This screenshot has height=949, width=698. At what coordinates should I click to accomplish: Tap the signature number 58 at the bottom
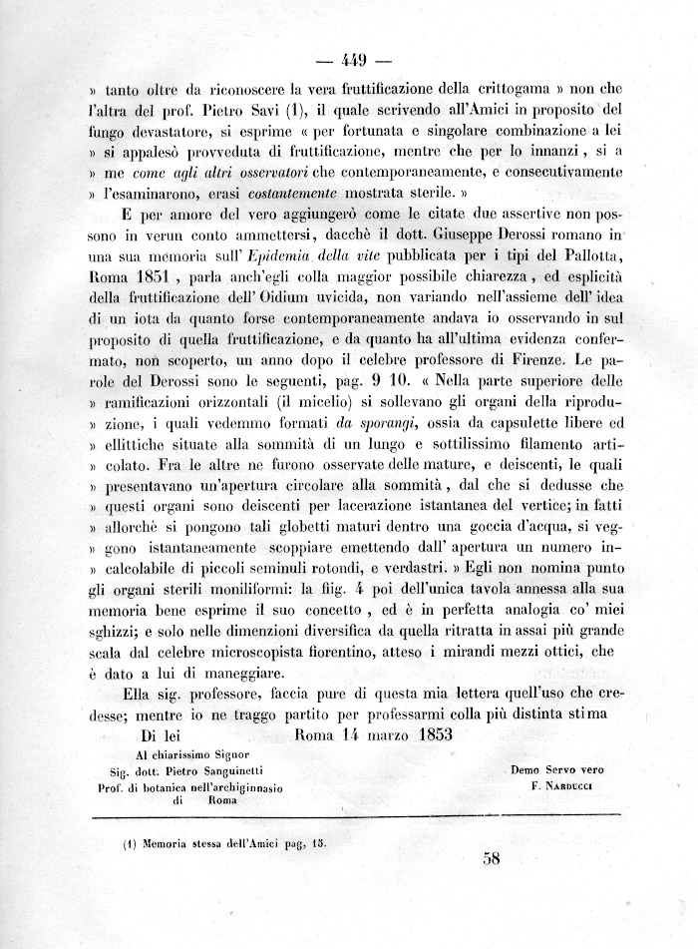[x=491, y=859]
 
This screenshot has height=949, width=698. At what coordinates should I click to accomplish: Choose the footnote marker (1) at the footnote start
[x=130, y=841]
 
